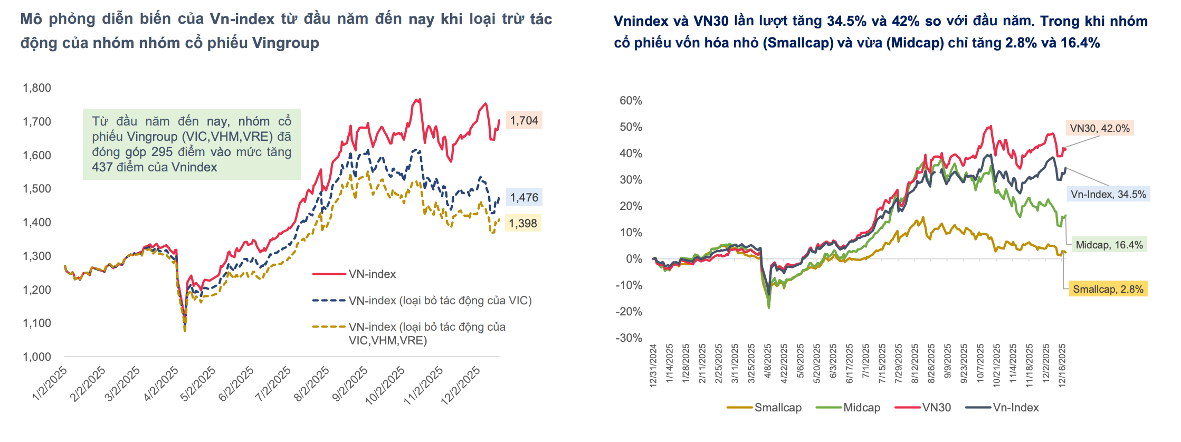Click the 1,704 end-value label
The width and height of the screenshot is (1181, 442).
point(523,121)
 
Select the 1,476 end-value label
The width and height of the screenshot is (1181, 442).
point(523,198)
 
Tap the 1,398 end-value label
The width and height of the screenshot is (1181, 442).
point(522,224)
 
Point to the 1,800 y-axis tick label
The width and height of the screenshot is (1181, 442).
point(37,88)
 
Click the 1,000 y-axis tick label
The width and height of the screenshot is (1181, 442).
point(37,357)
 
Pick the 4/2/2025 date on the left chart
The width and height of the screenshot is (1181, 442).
point(161,384)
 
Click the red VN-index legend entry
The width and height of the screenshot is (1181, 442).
point(372,274)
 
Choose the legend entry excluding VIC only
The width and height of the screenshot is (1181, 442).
point(440,301)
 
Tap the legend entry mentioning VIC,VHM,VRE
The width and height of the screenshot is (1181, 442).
point(426,333)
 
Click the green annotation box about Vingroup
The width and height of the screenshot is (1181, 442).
point(192,144)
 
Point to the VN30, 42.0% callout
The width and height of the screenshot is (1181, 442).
point(1099,128)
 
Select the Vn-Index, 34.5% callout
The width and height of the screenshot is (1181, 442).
point(1108,194)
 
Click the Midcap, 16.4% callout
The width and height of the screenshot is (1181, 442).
point(1109,245)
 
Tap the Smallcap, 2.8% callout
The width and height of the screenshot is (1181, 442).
point(1108,289)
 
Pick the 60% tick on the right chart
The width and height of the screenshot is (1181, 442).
point(631,101)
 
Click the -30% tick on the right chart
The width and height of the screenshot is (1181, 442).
point(628,338)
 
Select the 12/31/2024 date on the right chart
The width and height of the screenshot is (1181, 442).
point(653,366)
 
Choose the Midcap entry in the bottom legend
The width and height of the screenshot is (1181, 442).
point(861,408)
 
